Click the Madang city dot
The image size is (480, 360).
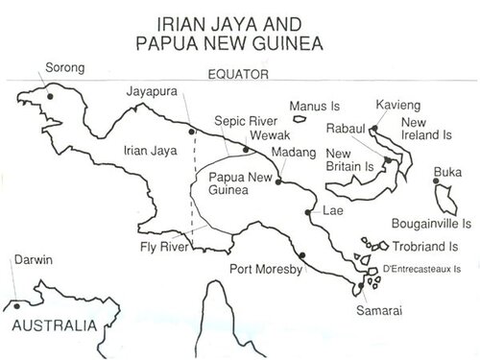277,180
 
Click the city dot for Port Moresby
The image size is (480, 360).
301,255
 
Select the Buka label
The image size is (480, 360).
447,172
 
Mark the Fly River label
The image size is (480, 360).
160,247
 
